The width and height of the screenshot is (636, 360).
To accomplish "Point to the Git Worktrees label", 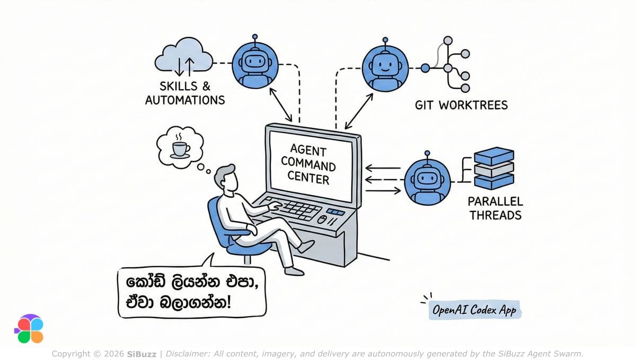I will tap(461, 105).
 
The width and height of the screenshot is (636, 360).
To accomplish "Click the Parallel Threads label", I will tap(495, 208).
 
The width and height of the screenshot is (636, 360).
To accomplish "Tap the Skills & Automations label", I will tap(185, 93).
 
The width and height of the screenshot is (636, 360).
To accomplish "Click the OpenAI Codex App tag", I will tap(475, 311).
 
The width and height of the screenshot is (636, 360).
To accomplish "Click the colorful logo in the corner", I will tap(29, 329).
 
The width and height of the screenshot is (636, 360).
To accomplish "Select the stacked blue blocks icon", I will tap(494, 167).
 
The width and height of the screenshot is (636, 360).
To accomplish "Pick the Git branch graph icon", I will tap(448, 66).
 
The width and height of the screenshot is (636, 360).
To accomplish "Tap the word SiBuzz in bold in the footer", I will tap(142, 354).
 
